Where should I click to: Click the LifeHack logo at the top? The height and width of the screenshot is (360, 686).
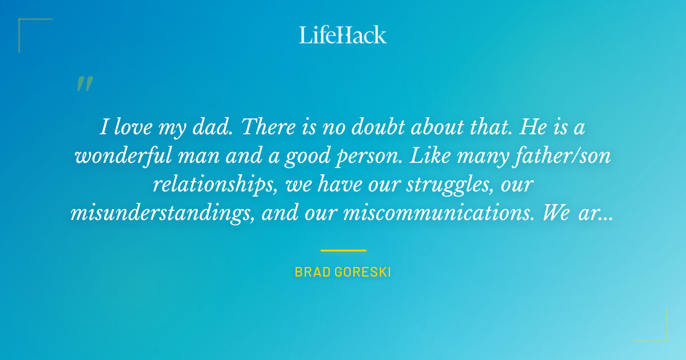[x=343, y=35]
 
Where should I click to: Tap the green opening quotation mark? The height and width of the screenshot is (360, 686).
[x=84, y=84]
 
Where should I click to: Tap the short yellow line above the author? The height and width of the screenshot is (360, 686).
[x=343, y=250]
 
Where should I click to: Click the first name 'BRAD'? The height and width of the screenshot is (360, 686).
[x=310, y=272]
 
